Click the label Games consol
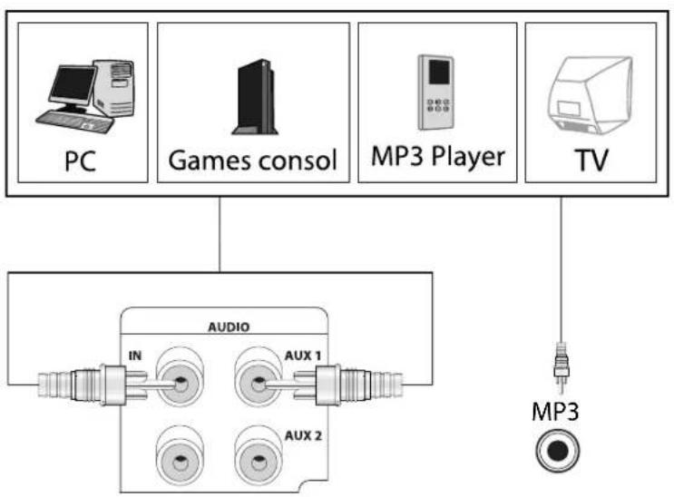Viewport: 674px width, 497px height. pyautogui.click(x=253, y=161)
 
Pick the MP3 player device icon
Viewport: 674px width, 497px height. pyautogui.click(x=434, y=92)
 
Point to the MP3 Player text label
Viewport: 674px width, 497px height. pyautogui.click(x=436, y=156)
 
